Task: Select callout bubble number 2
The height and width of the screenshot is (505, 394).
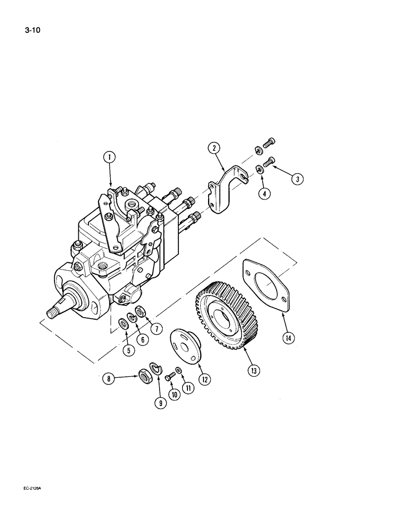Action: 214,147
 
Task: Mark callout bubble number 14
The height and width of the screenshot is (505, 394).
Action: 288,337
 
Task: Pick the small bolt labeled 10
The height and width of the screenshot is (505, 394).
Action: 171,375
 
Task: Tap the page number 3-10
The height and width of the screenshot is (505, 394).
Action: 32,30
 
